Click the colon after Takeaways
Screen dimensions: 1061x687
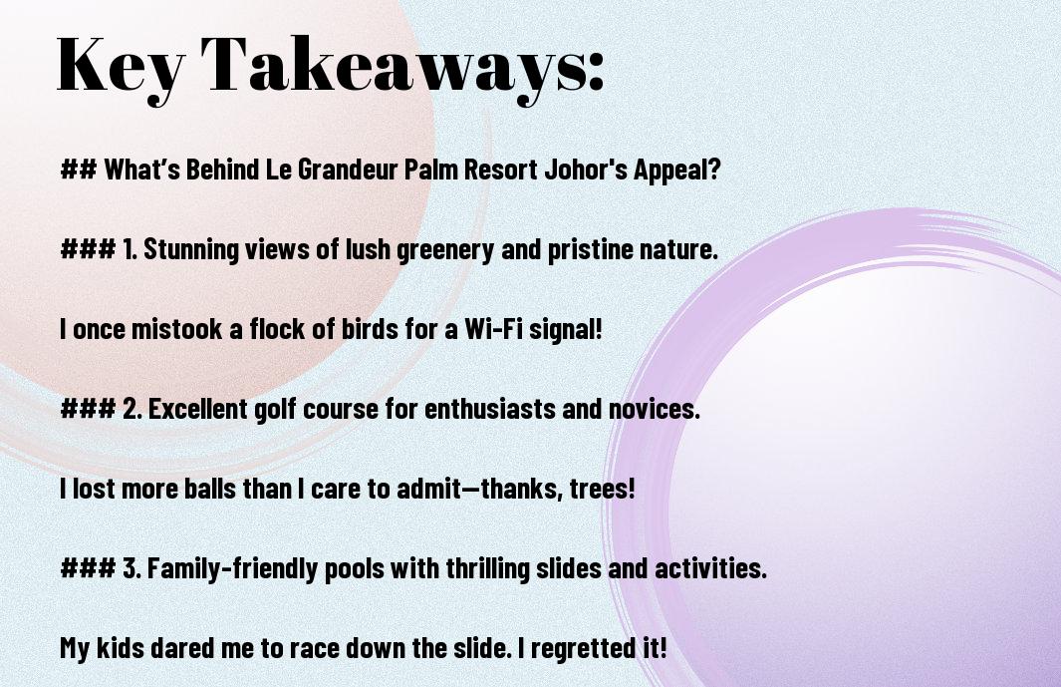(595, 71)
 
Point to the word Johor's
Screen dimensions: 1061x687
(586, 170)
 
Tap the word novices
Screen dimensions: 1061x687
(654, 409)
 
